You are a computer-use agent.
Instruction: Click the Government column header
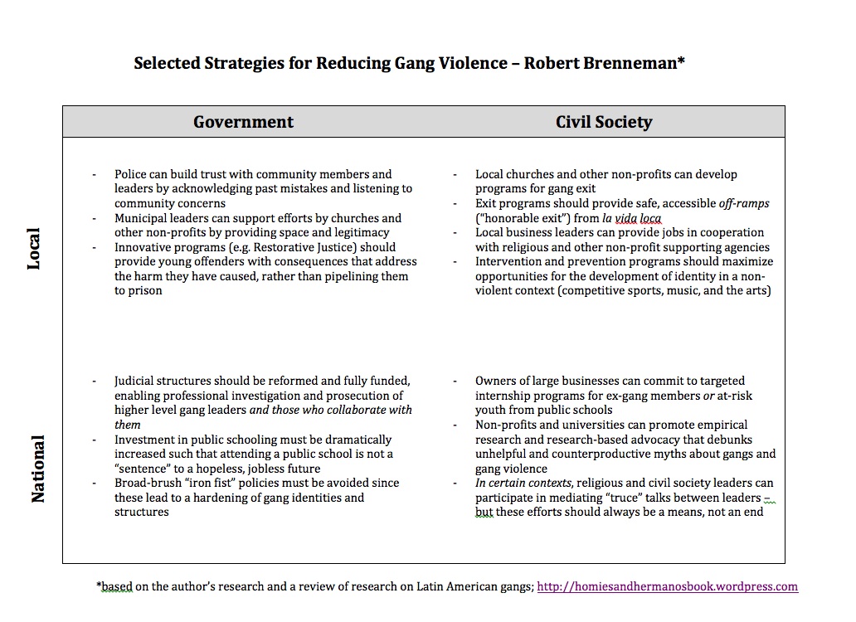[x=243, y=122]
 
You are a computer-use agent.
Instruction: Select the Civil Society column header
[x=604, y=122]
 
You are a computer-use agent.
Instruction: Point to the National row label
[x=38, y=468]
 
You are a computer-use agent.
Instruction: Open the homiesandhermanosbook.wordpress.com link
[x=668, y=586]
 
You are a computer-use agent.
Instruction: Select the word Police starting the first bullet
[x=130, y=174]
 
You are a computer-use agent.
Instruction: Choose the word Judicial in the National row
[x=138, y=381]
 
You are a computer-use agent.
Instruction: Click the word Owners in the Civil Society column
[x=496, y=381]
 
